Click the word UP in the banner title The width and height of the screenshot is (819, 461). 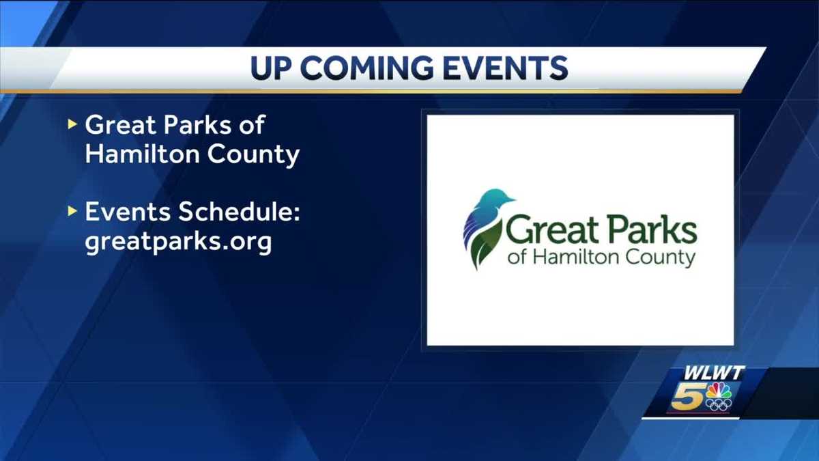272,68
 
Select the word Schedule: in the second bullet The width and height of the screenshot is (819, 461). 240,212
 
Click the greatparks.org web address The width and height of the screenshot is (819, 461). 178,242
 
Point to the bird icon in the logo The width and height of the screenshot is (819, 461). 486,228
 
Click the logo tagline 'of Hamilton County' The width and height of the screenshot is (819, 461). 601,258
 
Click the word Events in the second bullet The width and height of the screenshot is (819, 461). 127,212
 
